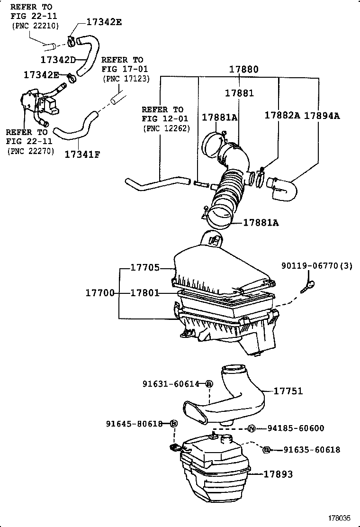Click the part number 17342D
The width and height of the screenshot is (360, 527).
(58, 60)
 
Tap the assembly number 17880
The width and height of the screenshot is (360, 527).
(244, 69)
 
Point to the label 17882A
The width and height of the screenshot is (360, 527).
(282, 115)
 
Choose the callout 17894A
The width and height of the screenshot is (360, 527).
(322, 115)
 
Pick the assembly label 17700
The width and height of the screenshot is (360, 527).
(100, 293)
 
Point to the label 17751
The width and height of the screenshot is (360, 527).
(288, 391)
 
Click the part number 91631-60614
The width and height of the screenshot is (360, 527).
(171, 383)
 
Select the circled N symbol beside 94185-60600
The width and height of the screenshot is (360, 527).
(252, 428)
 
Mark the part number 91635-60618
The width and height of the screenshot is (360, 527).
(311, 450)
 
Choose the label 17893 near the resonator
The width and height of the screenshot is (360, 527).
(278, 474)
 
